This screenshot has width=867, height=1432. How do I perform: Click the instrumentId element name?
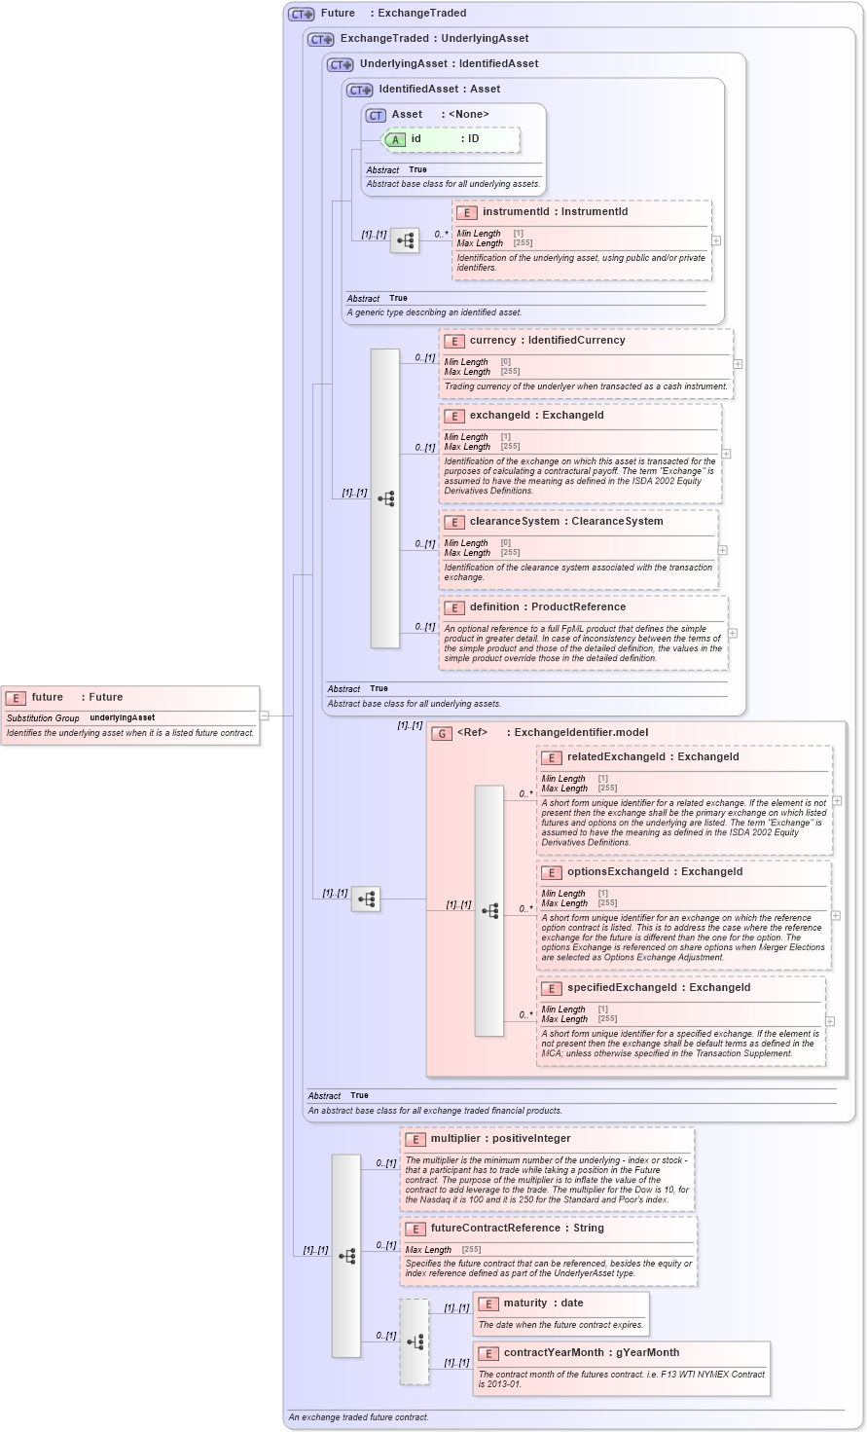(x=516, y=211)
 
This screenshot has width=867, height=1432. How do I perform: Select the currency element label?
(x=492, y=341)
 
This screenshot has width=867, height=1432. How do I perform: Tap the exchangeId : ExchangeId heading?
(x=536, y=416)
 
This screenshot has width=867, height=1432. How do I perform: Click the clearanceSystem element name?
(x=515, y=522)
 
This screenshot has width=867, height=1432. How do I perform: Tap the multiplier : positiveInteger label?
(x=500, y=1139)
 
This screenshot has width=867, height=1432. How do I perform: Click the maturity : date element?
(x=543, y=1303)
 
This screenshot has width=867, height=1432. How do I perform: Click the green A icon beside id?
(x=395, y=140)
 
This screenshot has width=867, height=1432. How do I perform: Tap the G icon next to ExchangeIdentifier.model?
(x=442, y=733)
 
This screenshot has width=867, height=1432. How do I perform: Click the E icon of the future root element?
(x=16, y=698)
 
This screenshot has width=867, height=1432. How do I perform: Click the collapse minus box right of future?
(x=264, y=716)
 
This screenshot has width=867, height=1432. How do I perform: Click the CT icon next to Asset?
(x=376, y=115)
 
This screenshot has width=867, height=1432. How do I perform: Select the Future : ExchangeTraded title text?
(x=393, y=14)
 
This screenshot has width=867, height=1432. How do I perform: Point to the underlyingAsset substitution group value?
(x=122, y=718)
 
